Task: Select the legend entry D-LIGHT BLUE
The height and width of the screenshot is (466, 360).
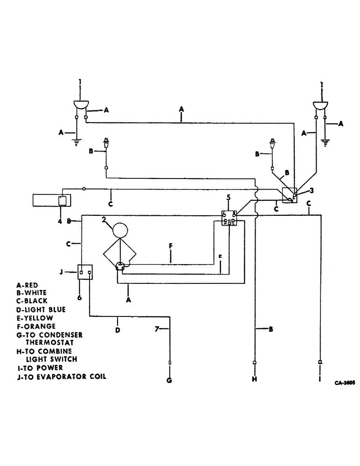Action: pyautogui.click(x=41, y=309)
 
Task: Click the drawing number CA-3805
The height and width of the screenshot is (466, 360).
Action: pyautogui.click(x=344, y=382)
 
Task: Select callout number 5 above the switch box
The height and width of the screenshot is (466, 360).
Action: pyautogui.click(x=228, y=198)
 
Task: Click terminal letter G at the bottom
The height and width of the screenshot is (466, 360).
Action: pyautogui.click(x=169, y=380)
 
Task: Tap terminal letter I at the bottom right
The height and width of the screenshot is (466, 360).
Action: pyautogui.click(x=319, y=380)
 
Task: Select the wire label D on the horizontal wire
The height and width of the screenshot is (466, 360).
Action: pyautogui.click(x=118, y=330)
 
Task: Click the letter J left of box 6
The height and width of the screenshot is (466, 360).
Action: pyautogui.click(x=68, y=271)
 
